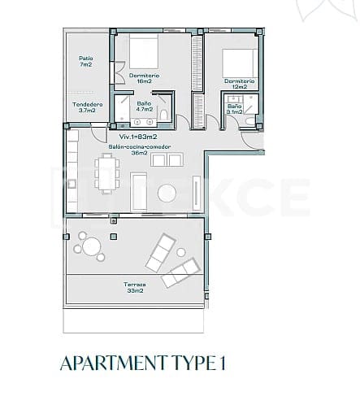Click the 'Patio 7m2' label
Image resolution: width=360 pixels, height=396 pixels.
click(x=85, y=62)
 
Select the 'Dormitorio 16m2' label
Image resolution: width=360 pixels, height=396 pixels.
click(x=144, y=79)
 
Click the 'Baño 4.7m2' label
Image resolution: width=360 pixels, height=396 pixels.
click(x=144, y=107)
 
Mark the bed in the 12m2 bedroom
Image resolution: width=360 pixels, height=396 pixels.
click(x=239, y=62)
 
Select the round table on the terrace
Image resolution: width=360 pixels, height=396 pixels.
click(x=89, y=244)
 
